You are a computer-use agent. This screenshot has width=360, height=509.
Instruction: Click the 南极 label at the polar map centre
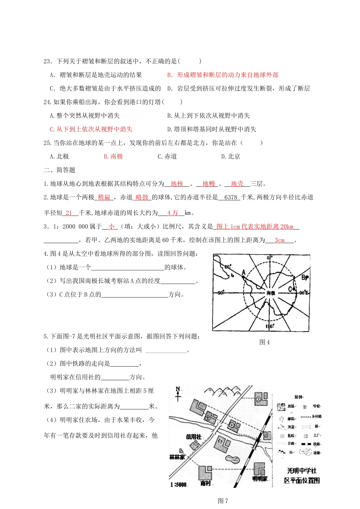click(271, 293)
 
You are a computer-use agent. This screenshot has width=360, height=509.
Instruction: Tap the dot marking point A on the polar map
click(244, 278)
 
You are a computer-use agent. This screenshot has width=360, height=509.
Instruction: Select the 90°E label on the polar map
click(304, 293)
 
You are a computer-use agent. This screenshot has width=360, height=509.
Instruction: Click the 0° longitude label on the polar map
click(269, 258)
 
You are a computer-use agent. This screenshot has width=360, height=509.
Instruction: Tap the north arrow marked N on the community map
click(178, 393)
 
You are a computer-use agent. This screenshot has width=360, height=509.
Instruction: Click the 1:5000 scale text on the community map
click(178, 484)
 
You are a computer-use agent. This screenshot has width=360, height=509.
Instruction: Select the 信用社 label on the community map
click(194, 437)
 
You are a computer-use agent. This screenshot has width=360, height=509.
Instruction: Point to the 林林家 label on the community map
click(177, 457)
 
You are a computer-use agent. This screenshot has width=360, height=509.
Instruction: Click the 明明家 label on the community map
click(260, 479)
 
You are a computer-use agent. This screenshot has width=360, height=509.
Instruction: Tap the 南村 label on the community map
click(205, 483)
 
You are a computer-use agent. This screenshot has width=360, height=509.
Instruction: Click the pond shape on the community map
click(232, 459)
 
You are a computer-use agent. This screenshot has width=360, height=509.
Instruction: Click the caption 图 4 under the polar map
click(265, 342)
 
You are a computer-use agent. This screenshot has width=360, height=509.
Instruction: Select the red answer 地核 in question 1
click(177, 184)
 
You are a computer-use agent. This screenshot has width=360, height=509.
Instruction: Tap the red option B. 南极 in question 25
click(113, 156)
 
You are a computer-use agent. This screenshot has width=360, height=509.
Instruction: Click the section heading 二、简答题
click(59, 170)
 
